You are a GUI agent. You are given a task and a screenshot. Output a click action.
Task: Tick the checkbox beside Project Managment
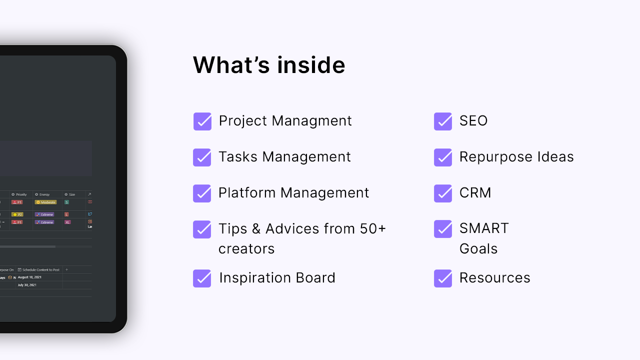click(x=202, y=121)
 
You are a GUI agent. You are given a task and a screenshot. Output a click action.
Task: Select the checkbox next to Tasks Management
click(x=202, y=157)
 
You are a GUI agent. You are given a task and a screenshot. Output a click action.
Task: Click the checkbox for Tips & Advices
click(x=202, y=229)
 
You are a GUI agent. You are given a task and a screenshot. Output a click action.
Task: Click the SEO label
click(x=473, y=121)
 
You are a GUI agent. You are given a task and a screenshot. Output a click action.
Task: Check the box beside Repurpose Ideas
click(x=443, y=157)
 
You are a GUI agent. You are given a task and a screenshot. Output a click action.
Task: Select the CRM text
click(x=475, y=193)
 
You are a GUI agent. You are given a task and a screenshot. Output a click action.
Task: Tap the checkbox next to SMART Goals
click(x=443, y=229)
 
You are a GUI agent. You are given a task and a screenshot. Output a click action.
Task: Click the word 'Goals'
click(x=478, y=249)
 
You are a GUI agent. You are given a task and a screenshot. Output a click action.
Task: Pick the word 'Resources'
click(x=494, y=278)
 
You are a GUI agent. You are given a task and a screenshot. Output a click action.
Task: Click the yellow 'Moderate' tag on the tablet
click(x=45, y=202)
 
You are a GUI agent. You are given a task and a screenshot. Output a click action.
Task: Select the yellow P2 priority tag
click(x=17, y=214)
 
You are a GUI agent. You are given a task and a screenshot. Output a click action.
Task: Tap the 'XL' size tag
click(x=67, y=222)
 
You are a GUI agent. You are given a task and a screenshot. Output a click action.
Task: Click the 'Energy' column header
click(x=44, y=194)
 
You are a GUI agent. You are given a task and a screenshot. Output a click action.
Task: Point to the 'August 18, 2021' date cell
click(x=29, y=277)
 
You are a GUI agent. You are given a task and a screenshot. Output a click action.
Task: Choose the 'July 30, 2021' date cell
click(x=26, y=285)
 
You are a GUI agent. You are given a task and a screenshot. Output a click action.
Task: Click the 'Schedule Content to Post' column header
click(x=40, y=269)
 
